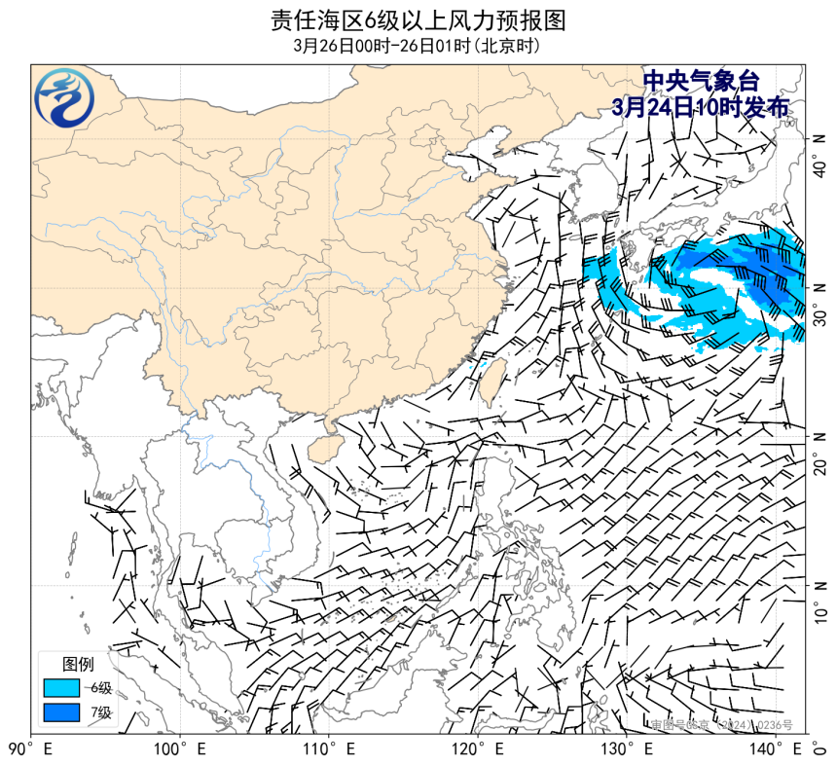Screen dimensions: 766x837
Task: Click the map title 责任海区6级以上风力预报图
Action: point(418,20)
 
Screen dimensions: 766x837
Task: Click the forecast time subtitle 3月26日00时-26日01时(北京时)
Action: point(418,46)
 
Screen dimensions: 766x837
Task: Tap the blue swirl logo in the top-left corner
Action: point(65,97)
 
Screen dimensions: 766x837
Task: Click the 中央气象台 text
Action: point(701,82)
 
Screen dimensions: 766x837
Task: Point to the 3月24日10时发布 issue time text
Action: point(701,107)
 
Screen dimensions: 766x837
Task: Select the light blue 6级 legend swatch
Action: point(60,688)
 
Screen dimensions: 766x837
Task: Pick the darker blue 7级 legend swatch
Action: point(60,712)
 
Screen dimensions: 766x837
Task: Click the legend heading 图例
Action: point(78,665)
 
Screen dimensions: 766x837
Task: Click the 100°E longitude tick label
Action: point(180,749)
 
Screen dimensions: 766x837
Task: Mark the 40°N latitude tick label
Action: point(819,155)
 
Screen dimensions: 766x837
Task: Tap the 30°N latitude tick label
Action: point(819,304)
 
